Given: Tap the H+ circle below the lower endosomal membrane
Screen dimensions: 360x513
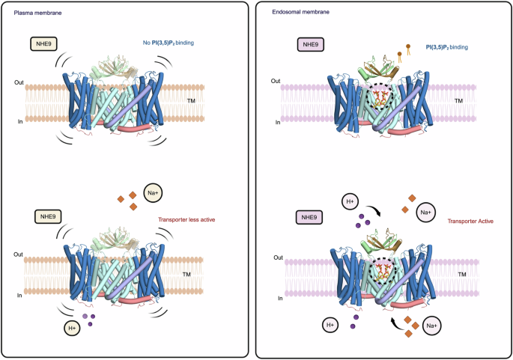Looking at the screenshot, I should click(x=330, y=325).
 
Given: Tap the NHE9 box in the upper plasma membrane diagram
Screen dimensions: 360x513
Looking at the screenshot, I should click(x=45, y=45).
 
